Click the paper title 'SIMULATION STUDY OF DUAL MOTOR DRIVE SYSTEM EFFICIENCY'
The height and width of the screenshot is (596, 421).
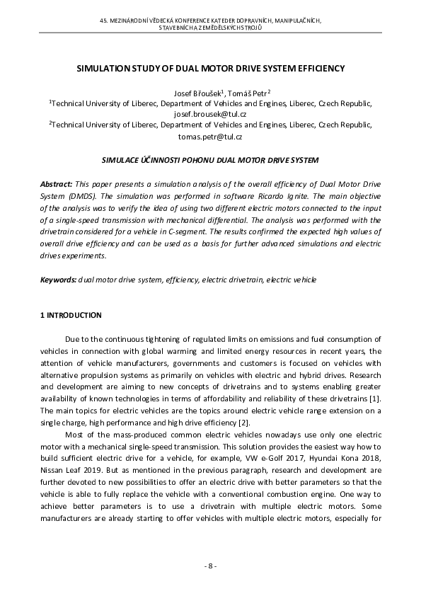[x=210, y=69]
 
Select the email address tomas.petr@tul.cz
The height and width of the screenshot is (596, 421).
[x=210, y=136]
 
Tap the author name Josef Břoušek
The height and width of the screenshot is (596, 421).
[x=197, y=92]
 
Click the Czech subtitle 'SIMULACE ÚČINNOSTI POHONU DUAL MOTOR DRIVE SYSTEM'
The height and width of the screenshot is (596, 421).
[x=210, y=161]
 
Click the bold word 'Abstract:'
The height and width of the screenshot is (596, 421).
[x=56, y=183]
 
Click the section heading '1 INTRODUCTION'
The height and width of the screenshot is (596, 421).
[x=71, y=315]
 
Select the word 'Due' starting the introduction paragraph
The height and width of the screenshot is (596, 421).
[x=72, y=341]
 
